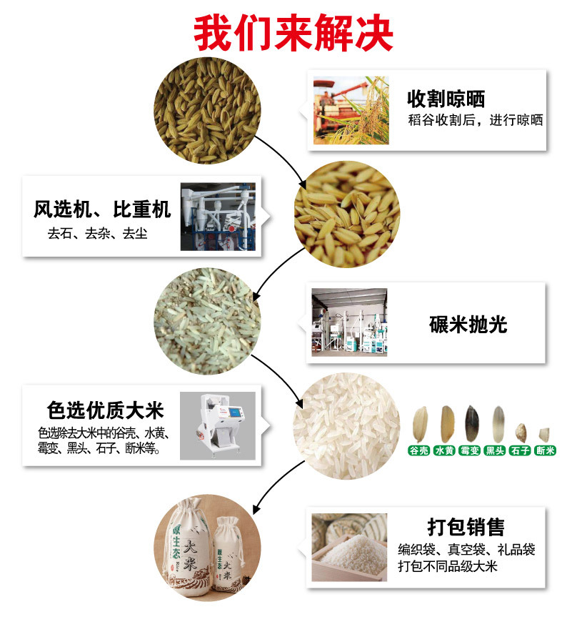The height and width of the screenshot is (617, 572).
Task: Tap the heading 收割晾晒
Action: click(446, 98)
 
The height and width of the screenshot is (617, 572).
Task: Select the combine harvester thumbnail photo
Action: click(351, 110)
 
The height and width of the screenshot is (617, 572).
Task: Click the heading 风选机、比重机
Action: click(102, 210)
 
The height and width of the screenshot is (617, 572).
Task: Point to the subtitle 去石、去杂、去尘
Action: click(98, 233)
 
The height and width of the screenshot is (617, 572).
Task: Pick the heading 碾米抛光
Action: click(468, 325)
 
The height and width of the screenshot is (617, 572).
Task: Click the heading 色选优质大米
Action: click(105, 410)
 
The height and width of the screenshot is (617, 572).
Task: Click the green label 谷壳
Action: click(418, 451)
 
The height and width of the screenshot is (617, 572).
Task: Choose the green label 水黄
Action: click(444, 451)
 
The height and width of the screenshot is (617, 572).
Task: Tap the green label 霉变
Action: click(469, 451)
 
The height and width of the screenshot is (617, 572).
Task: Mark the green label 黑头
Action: click(495, 451)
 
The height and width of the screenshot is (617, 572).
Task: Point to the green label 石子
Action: click(520, 451)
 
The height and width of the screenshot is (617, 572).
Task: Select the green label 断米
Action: click(545, 451)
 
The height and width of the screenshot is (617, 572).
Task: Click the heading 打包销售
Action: click(466, 528)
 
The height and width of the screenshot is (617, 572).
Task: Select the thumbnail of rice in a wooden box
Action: click(349, 548)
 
